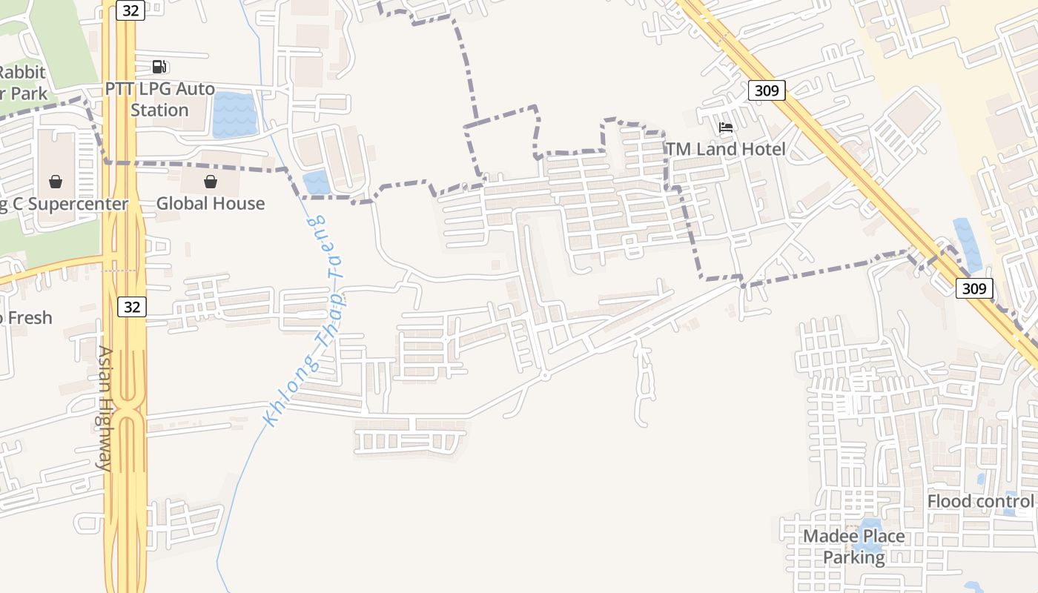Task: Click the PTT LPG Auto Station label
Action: (159, 99)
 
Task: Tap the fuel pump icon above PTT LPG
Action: (159, 67)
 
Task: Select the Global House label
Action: (210, 203)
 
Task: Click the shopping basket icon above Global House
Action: (211, 182)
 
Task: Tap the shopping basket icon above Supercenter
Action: (56, 182)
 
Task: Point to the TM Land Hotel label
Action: (725, 149)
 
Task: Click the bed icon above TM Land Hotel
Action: (726, 127)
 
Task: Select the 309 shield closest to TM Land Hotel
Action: (766, 90)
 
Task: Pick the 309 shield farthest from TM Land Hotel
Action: (973, 288)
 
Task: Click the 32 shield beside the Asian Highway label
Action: (131, 306)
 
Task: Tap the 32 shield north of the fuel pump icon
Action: (130, 10)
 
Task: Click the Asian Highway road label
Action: (105, 408)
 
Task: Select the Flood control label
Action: (979, 502)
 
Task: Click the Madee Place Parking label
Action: (854, 546)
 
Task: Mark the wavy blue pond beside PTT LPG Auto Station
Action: (234, 115)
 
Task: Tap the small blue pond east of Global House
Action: (317, 182)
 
